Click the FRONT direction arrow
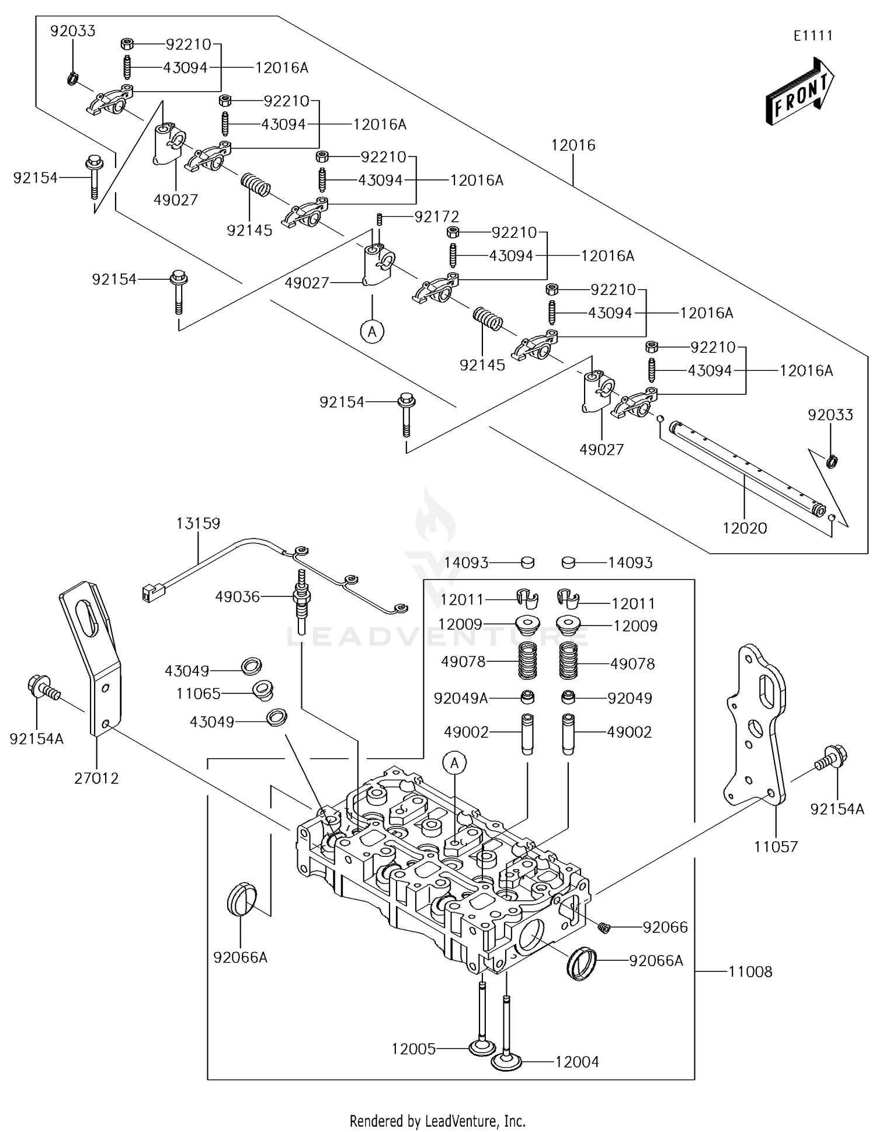coord(800,92)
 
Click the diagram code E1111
coord(812,36)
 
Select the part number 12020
coord(745,528)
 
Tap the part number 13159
coord(198,523)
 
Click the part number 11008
coord(750,971)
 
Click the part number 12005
coord(413,1049)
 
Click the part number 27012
coord(96,778)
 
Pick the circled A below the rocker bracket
coord(372,332)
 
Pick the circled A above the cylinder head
coord(455,762)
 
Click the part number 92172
coord(436,217)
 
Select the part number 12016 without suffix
coord(573,145)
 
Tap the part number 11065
coord(199,693)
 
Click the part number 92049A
coord(460,698)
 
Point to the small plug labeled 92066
coord(604,927)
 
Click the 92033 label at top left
coord(72,31)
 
